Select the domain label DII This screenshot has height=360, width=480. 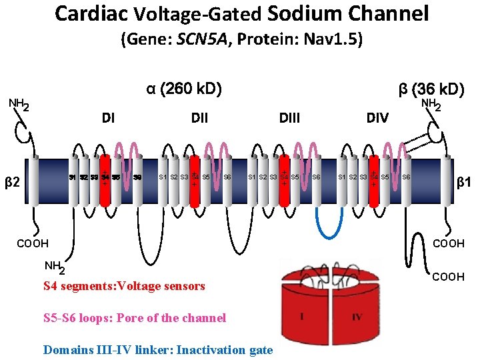tap(199, 119)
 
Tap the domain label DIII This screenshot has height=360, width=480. tap(289, 119)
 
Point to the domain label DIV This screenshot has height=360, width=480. tap(377, 119)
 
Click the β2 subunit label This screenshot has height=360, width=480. tap(12, 181)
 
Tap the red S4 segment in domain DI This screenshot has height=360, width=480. tap(105, 177)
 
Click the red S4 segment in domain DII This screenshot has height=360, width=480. tap(194, 177)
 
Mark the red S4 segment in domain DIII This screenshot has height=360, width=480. tap(284, 177)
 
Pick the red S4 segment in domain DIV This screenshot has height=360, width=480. tap(374, 177)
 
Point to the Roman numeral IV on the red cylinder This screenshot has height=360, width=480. tap(357, 317)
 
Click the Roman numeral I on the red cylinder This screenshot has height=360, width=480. tap(302, 317)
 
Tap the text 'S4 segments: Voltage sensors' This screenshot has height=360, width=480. tap(124, 286)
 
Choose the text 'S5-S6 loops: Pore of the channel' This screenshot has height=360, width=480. tap(135, 318)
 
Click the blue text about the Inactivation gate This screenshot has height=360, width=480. tap(158, 349)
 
